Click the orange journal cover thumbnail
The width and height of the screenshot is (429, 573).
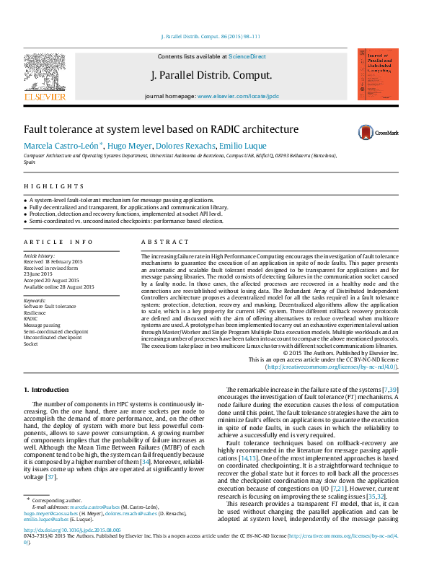(x=378, y=74)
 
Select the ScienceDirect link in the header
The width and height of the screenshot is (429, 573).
(x=247, y=56)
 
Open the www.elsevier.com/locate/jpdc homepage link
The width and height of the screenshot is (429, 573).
(x=238, y=96)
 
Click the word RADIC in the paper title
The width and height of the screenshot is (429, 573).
(x=209, y=130)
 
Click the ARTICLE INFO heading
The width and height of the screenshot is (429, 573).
(x=58, y=242)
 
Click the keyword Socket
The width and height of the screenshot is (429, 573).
(x=31, y=344)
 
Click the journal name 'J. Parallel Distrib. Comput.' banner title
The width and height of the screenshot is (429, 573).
(x=211, y=75)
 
